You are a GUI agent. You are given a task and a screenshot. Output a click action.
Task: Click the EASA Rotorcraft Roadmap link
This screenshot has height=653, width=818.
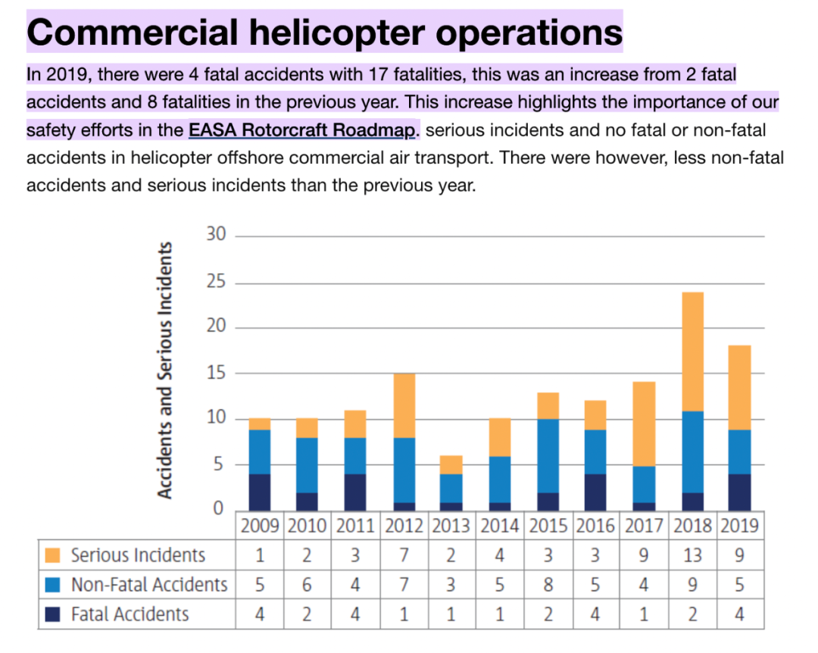point(302,130)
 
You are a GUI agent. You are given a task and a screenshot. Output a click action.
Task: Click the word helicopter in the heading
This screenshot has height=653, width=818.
point(337,33)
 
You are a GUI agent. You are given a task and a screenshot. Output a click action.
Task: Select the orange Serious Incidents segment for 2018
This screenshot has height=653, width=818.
point(693,351)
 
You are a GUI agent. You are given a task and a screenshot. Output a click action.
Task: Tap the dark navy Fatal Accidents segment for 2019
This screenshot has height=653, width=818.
point(739,492)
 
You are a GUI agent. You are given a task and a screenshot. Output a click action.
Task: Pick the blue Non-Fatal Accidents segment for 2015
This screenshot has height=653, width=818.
point(548,456)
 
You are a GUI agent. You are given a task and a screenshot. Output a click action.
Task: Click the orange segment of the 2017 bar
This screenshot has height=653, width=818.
point(645,424)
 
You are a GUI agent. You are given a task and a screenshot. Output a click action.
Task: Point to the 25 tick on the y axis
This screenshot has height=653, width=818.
point(216,281)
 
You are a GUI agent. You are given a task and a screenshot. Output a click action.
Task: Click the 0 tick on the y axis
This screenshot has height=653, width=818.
point(218,508)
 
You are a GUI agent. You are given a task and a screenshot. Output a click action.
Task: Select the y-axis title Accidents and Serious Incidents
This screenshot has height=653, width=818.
point(164,370)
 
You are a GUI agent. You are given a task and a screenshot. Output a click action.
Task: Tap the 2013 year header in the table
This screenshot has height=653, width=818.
point(451,526)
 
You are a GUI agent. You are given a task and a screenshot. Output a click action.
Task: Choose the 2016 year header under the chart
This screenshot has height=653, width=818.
point(595,526)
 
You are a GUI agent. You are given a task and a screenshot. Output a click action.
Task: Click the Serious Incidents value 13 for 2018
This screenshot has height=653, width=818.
point(692,555)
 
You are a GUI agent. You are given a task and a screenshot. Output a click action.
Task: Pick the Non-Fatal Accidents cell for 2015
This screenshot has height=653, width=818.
point(548,585)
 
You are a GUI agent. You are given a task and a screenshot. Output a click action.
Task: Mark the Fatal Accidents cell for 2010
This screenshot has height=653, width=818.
point(307,614)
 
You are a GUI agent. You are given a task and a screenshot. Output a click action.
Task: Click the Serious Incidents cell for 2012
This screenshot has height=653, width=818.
point(404,555)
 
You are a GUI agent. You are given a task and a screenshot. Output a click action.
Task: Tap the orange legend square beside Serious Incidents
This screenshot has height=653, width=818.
point(53,555)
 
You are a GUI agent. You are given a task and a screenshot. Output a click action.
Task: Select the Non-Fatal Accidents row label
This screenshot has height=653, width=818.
point(149,585)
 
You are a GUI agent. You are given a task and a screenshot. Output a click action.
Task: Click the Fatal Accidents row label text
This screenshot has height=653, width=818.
point(130,614)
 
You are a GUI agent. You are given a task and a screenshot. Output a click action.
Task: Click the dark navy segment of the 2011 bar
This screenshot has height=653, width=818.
point(355,492)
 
